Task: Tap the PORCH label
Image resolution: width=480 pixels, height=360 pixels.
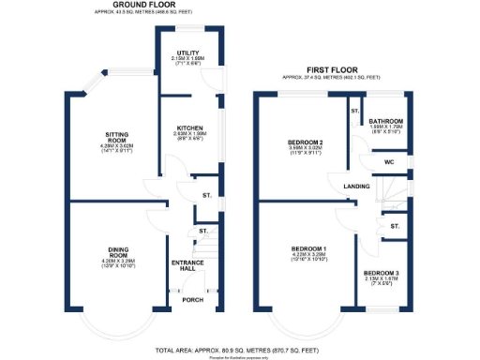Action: (x=193, y=300)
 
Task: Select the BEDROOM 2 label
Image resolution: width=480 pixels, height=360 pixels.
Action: (x=306, y=142)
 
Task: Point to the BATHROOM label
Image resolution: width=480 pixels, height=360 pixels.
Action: (x=385, y=121)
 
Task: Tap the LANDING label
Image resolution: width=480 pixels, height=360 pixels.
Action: (x=357, y=187)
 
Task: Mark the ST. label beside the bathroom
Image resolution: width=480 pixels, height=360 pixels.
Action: (x=355, y=112)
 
